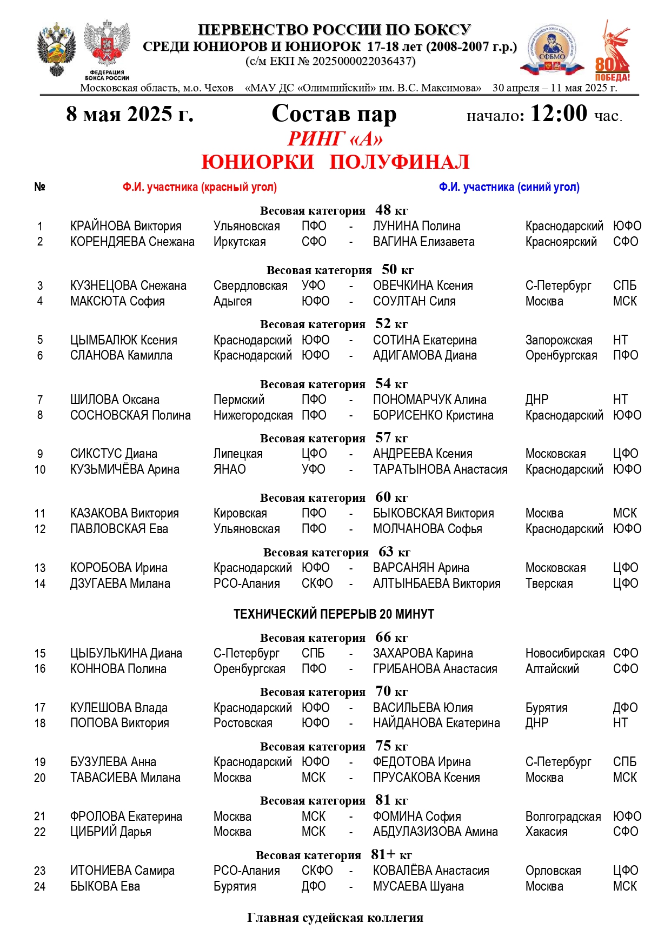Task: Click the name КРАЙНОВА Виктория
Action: (x=125, y=226)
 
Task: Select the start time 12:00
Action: (x=559, y=114)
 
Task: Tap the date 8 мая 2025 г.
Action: (x=130, y=114)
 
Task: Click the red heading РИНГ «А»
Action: (x=335, y=139)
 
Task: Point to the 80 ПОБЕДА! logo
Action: (x=613, y=51)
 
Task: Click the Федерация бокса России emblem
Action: (x=107, y=50)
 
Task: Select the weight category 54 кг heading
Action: (x=334, y=384)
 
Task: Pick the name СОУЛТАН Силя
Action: (x=414, y=301)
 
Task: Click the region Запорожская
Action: (x=559, y=340)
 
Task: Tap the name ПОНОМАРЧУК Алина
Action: (x=429, y=400)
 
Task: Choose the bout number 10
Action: (x=40, y=469)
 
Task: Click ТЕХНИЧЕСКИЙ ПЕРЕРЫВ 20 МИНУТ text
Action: (x=334, y=614)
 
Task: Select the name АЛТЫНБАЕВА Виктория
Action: (x=436, y=583)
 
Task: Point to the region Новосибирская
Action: (x=564, y=653)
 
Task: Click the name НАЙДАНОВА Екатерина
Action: (x=436, y=723)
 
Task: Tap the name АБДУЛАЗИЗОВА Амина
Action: (x=435, y=832)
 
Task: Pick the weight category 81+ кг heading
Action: (x=334, y=855)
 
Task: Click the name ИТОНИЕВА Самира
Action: (x=122, y=871)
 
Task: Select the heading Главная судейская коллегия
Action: (x=335, y=918)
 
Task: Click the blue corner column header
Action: (x=509, y=187)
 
